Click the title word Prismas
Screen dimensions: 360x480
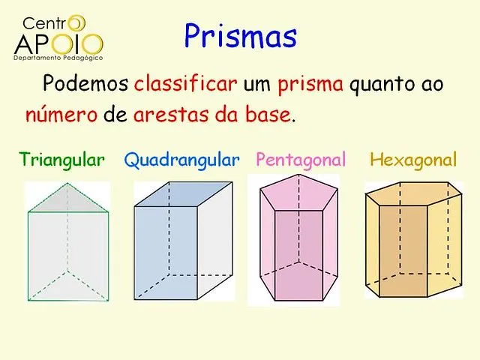coord(240,35)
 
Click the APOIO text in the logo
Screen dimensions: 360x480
coord(58,43)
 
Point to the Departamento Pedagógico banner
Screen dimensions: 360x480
coord(58,57)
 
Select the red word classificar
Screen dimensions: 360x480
coord(186,83)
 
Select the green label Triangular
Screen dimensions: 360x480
coord(62,160)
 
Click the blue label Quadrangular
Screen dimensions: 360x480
coord(182,160)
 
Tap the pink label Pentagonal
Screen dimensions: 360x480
coord(301,160)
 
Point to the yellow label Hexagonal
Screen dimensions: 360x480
coord(413,160)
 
